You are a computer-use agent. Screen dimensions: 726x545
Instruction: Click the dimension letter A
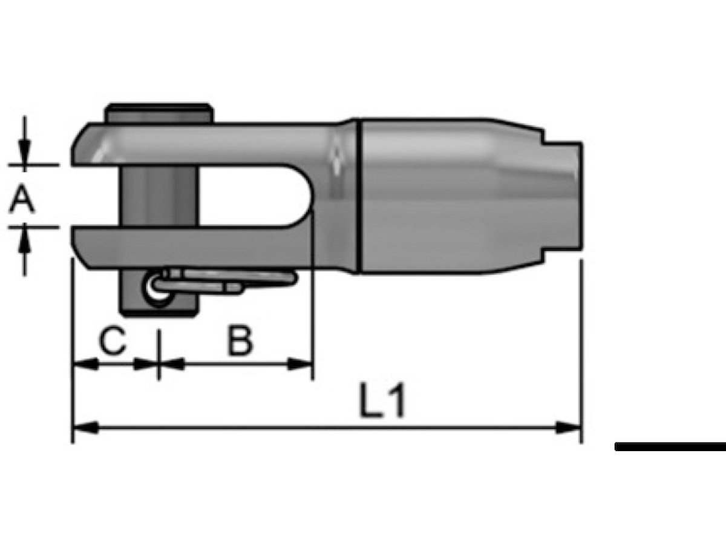click(22, 198)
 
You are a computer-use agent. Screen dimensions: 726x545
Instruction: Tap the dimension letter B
click(240, 340)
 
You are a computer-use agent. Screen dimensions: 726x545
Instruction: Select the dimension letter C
click(113, 340)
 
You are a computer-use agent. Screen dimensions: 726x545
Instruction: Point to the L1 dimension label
click(382, 400)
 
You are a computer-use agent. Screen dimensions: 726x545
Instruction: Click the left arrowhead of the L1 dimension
click(85, 428)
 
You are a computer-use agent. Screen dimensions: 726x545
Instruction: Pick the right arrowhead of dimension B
click(299, 365)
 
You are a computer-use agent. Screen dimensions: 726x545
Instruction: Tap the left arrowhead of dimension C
click(85, 365)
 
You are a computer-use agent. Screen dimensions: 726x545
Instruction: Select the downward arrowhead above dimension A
click(24, 152)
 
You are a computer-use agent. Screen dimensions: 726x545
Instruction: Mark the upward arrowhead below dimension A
click(24, 240)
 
